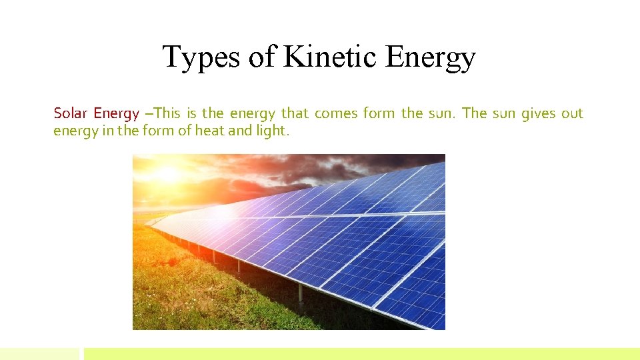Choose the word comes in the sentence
pyautogui.click(x=336, y=113)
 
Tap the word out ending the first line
pyautogui.click(x=571, y=113)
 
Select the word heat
pyautogui.click(x=209, y=131)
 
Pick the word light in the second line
pyautogui.click(x=272, y=131)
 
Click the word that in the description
pyautogui.click(x=295, y=113)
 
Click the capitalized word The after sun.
pyautogui.click(x=474, y=113)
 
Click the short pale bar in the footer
pyautogui.click(x=39, y=354)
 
